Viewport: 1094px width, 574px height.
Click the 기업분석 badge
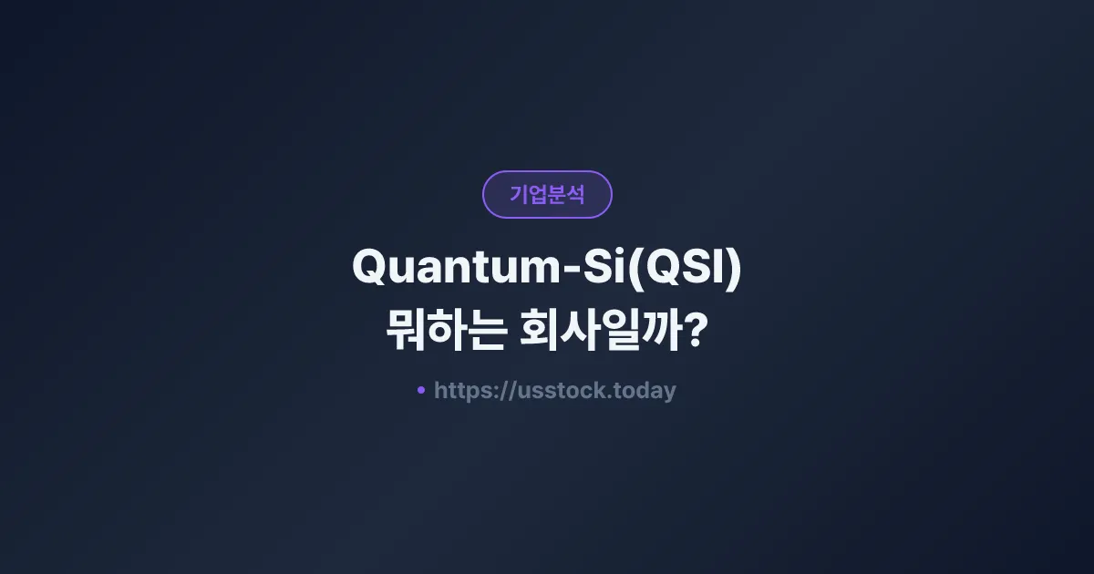click(x=547, y=194)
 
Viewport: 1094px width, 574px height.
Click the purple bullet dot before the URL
click(x=420, y=390)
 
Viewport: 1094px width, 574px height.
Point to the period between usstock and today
click(x=610, y=397)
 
